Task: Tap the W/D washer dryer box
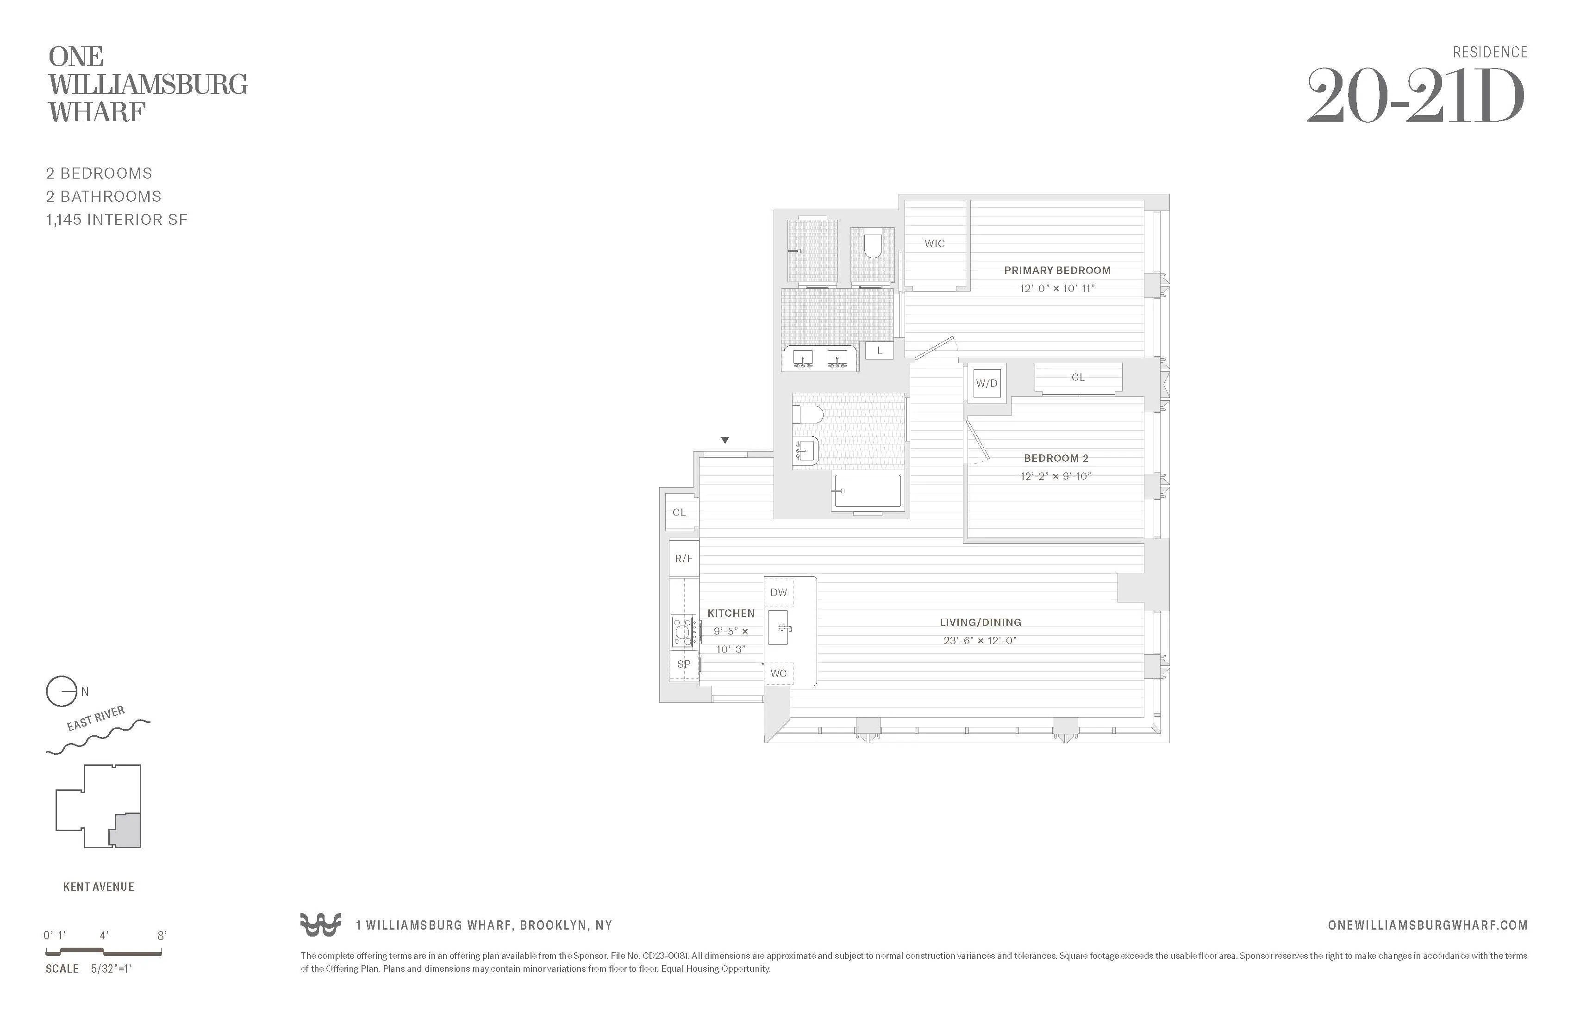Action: (986, 384)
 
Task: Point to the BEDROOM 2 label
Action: (1056, 458)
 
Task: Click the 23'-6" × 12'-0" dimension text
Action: (980, 640)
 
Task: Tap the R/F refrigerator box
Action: (683, 559)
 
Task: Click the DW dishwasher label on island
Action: (778, 592)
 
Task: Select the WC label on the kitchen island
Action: (778, 674)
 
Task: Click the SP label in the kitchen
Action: (683, 664)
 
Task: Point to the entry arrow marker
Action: (725, 440)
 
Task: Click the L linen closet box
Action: (879, 351)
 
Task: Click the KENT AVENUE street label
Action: (99, 887)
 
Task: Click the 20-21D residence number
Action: (1415, 97)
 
